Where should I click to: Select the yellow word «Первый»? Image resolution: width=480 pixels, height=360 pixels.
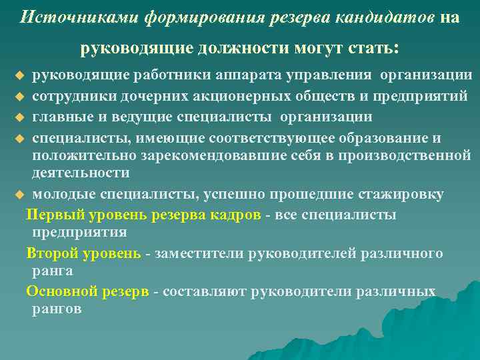coord(49,215)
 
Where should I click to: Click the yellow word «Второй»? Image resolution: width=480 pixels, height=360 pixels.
coord(49,253)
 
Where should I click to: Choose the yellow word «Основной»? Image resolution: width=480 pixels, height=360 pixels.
coord(56,292)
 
